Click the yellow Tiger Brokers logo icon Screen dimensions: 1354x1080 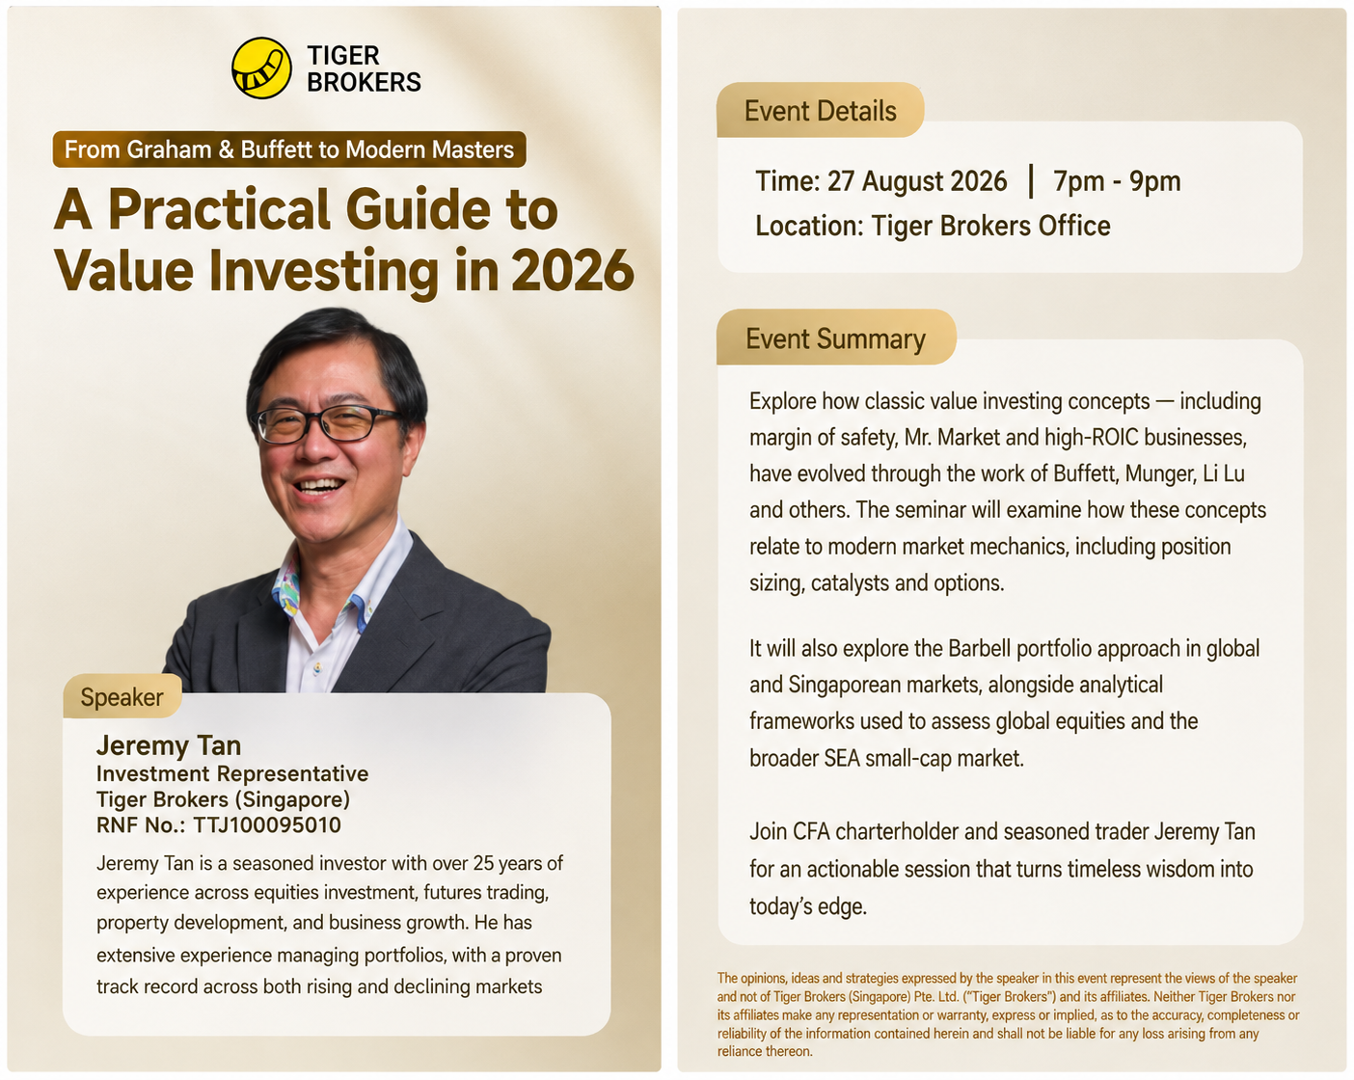click(261, 67)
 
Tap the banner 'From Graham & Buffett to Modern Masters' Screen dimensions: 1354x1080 click(289, 149)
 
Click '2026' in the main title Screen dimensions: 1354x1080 click(573, 271)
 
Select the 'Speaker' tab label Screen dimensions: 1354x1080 click(122, 697)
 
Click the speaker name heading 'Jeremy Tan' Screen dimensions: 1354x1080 click(169, 745)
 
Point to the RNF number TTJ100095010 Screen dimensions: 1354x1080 click(267, 825)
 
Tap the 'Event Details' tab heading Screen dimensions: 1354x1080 click(821, 111)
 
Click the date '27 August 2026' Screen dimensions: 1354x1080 click(917, 181)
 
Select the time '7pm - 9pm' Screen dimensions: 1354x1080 click(1117, 181)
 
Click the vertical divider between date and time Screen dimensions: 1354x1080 click(1031, 181)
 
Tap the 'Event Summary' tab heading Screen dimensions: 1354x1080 click(835, 338)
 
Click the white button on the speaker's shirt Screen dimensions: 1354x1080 click(317, 667)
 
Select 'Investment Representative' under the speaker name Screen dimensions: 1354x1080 click(232, 773)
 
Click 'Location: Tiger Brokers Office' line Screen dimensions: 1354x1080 click(933, 226)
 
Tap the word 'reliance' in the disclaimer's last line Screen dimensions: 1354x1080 click(740, 1052)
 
